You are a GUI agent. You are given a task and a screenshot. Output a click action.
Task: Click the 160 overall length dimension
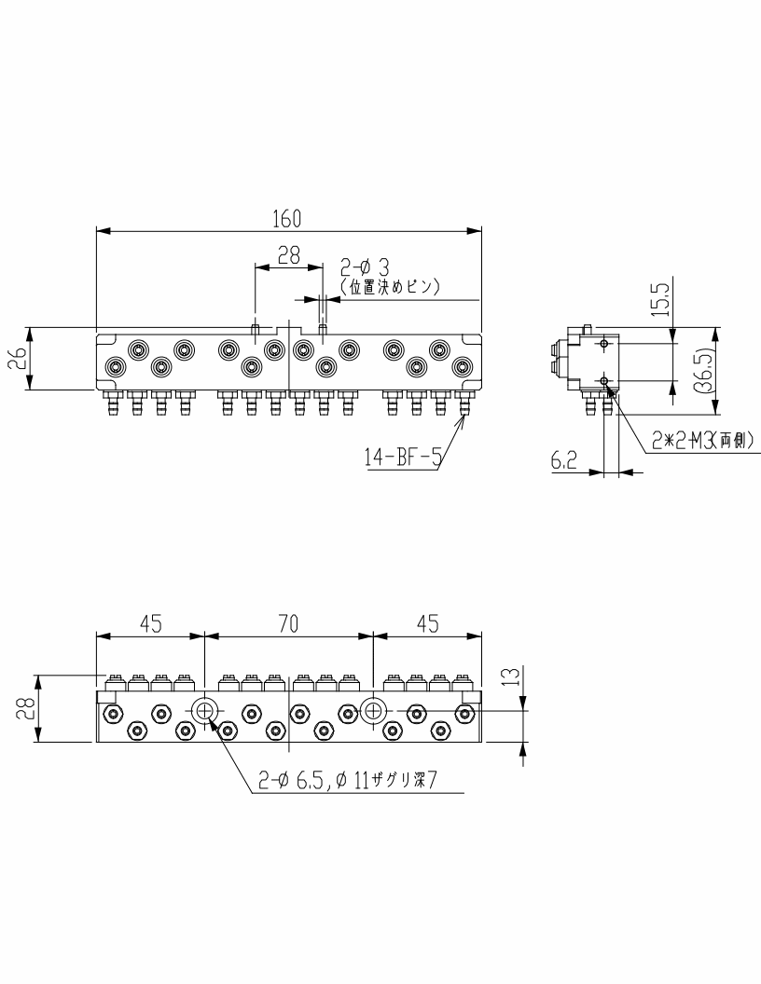click(287, 218)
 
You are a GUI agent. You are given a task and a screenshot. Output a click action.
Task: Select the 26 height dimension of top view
click(21, 359)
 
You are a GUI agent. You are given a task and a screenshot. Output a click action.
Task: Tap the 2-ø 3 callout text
click(365, 267)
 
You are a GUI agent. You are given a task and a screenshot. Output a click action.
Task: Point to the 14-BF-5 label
click(403, 458)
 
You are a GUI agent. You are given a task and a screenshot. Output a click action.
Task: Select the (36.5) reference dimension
click(706, 370)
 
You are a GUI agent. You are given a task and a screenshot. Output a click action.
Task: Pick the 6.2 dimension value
click(563, 461)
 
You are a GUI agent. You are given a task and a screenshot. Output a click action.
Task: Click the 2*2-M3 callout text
click(702, 441)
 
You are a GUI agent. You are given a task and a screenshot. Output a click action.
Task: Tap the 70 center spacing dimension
click(288, 623)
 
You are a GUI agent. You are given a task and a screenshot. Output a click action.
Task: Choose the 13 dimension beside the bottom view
click(512, 676)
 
